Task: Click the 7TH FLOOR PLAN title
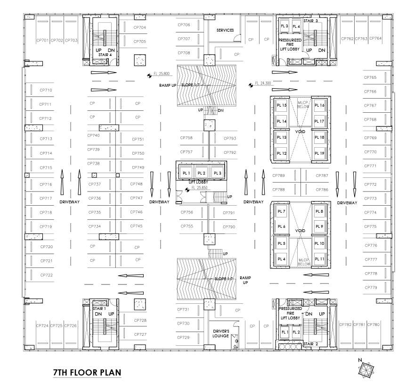point(87,372)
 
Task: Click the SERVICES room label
point(225,30)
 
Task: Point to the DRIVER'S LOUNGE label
point(220,334)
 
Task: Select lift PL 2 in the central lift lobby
point(201,173)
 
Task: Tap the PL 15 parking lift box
point(282,106)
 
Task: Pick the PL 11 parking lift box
point(319,259)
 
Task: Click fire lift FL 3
point(284,26)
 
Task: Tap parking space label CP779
point(371,287)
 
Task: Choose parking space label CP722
point(46,275)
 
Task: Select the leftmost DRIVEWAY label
point(70,202)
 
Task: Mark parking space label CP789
point(279,175)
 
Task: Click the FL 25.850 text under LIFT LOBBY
point(200,188)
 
